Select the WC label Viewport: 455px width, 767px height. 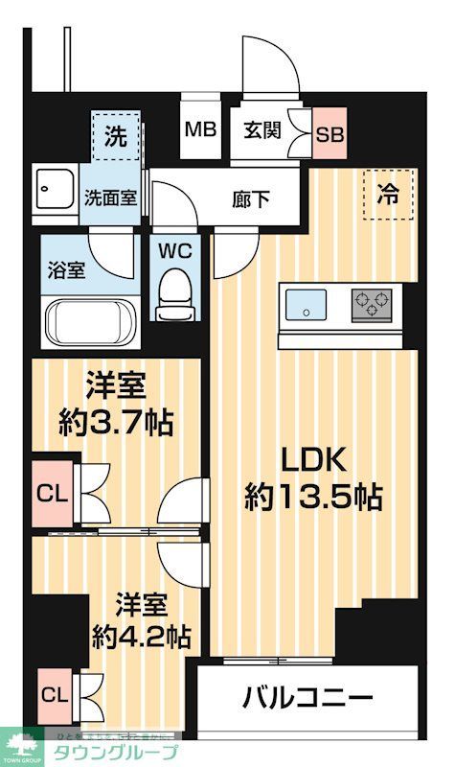(x=174, y=252)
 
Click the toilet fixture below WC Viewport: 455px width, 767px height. (x=174, y=292)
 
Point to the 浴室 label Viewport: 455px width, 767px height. (x=66, y=269)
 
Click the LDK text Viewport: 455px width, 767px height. (x=313, y=459)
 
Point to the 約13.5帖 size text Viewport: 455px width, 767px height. (x=313, y=497)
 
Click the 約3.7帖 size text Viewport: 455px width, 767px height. (x=116, y=423)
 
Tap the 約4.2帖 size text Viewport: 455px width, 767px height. (x=141, y=636)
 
